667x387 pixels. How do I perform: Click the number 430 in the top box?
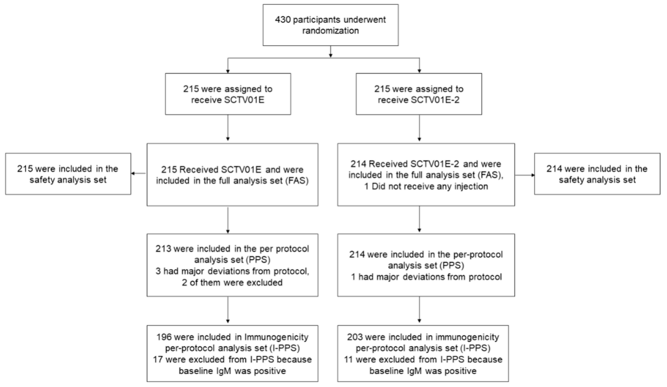[283, 20]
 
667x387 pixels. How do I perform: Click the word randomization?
[331, 31]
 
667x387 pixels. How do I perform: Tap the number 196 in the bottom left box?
[164, 337]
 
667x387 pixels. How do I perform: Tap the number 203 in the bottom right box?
[355, 337]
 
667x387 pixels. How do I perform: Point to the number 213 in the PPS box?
[163, 249]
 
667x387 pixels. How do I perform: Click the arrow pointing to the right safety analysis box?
[525, 175]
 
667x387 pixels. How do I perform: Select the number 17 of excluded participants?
[158, 360]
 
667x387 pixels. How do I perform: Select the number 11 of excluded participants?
[349, 360]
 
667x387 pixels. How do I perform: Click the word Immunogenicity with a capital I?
[276, 337]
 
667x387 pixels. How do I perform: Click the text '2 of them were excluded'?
[232, 283]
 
